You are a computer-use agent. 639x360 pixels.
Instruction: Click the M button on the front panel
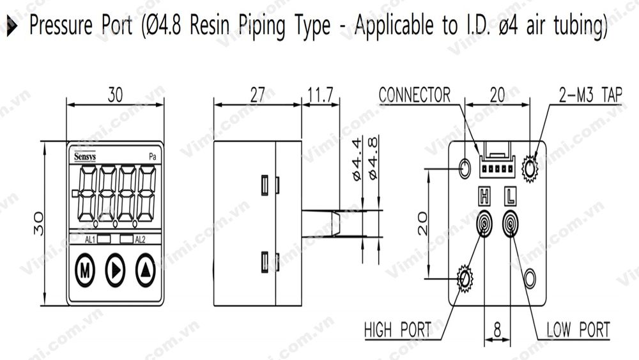pyautogui.click(x=84, y=272)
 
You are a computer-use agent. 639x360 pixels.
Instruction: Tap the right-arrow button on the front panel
pyautogui.click(x=115, y=272)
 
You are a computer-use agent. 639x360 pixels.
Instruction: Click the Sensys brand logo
pyautogui.click(x=84, y=155)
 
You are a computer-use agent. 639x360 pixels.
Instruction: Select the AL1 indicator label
pyautogui.click(x=90, y=239)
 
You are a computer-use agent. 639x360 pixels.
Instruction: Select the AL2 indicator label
pyautogui.click(x=141, y=239)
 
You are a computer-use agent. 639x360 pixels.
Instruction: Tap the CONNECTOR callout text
pyautogui.click(x=414, y=95)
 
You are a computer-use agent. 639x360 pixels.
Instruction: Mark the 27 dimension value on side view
pyautogui.click(x=256, y=95)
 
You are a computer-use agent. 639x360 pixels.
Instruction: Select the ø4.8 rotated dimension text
pyautogui.click(x=373, y=157)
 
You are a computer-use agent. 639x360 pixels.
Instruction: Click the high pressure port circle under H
pyautogui.click(x=484, y=224)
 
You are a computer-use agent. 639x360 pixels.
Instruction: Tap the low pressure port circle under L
pyautogui.click(x=511, y=224)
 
